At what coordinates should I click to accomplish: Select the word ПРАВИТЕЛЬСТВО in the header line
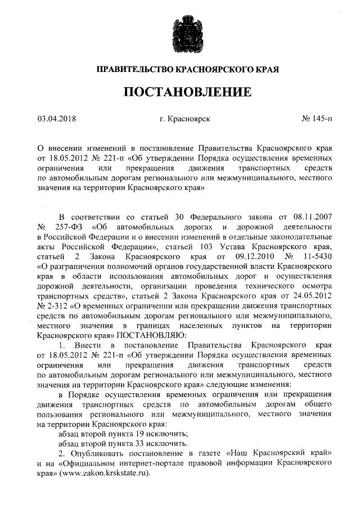click(x=132, y=70)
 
